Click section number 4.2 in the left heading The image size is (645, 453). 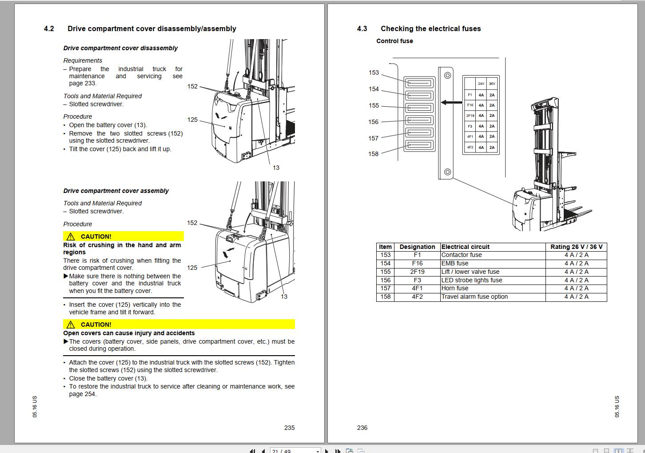click(49, 29)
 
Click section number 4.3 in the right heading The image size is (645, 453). click(362, 29)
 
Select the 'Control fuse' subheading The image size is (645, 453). click(394, 41)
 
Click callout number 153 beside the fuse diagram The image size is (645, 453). click(374, 72)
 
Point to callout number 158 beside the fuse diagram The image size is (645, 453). click(374, 154)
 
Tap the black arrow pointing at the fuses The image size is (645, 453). click(451, 102)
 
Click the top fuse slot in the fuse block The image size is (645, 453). click(419, 83)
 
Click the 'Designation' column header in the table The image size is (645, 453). click(417, 247)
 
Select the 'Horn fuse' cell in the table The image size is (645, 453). click(455, 288)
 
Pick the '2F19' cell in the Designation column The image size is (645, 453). click(417, 272)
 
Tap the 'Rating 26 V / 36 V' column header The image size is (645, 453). click(576, 247)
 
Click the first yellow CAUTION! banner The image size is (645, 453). click(123, 237)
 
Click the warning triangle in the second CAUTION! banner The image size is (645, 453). click(71, 325)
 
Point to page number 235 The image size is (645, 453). click(289, 428)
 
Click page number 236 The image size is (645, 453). click(362, 428)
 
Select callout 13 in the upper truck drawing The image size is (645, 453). click(276, 168)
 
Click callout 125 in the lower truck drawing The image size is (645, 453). click(192, 268)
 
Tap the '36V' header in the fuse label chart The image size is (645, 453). click(492, 84)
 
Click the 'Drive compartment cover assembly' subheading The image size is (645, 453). click(116, 191)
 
